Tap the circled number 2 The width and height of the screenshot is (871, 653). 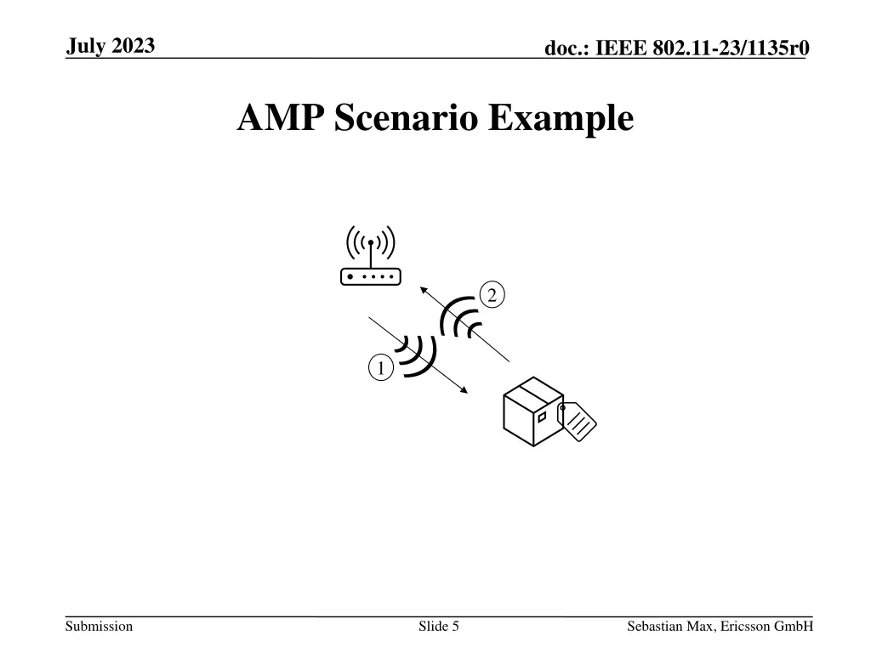(491, 295)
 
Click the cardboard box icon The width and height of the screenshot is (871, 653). (532, 412)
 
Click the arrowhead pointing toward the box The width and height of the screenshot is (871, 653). (464, 389)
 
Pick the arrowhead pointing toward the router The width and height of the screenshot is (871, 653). (424, 291)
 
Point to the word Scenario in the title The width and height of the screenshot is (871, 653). (406, 118)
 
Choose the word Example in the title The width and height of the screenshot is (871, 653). (561, 118)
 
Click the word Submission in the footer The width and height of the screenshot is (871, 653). (100, 627)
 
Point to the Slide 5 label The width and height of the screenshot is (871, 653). (439, 627)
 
